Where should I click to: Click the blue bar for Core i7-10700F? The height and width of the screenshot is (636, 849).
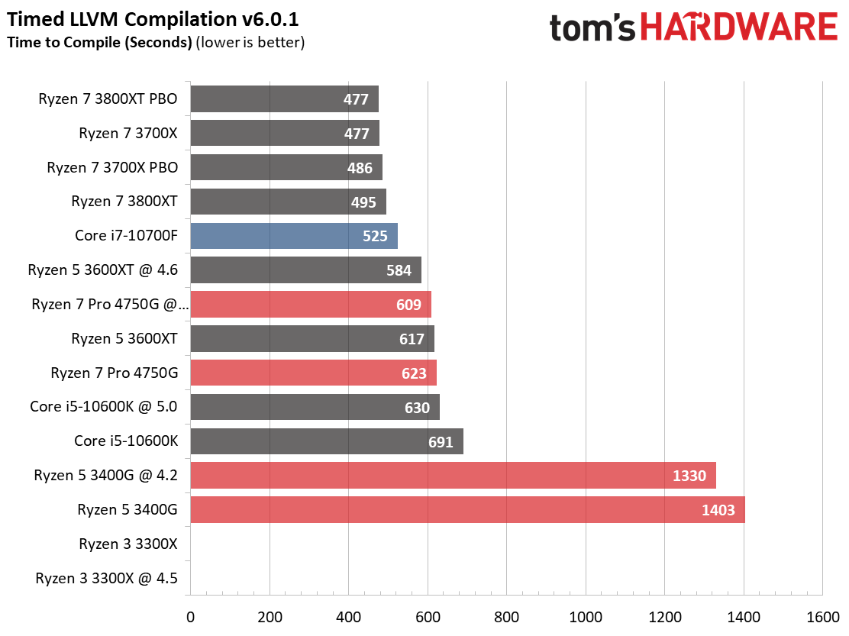(x=294, y=236)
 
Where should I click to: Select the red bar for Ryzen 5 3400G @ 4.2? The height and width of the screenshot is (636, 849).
(x=453, y=476)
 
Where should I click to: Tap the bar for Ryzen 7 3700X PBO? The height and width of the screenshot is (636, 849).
(x=286, y=167)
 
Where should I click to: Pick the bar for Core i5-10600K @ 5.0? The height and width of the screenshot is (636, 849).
(x=315, y=408)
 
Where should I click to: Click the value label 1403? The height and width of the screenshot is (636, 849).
(x=718, y=510)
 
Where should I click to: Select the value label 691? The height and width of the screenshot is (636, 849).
(x=440, y=442)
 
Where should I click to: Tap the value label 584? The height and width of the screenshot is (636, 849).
(x=399, y=270)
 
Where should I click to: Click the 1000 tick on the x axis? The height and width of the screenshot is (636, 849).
(x=585, y=616)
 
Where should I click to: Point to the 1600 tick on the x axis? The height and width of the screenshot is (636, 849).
(x=822, y=616)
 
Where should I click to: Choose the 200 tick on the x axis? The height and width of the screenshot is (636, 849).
(x=269, y=616)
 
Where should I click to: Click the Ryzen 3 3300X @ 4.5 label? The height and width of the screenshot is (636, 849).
(x=106, y=579)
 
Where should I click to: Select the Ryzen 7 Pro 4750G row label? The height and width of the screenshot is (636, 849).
(x=114, y=373)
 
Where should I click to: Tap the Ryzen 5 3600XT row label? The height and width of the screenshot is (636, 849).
(x=124, y=338)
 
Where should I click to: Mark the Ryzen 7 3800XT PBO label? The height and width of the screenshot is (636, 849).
(x=108, y=98)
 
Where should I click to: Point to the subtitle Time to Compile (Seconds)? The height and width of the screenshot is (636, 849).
(x=99, y=43)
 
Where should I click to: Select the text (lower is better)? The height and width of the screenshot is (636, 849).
(x=250, y=43)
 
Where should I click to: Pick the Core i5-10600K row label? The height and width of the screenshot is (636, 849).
(x=126, y=441)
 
